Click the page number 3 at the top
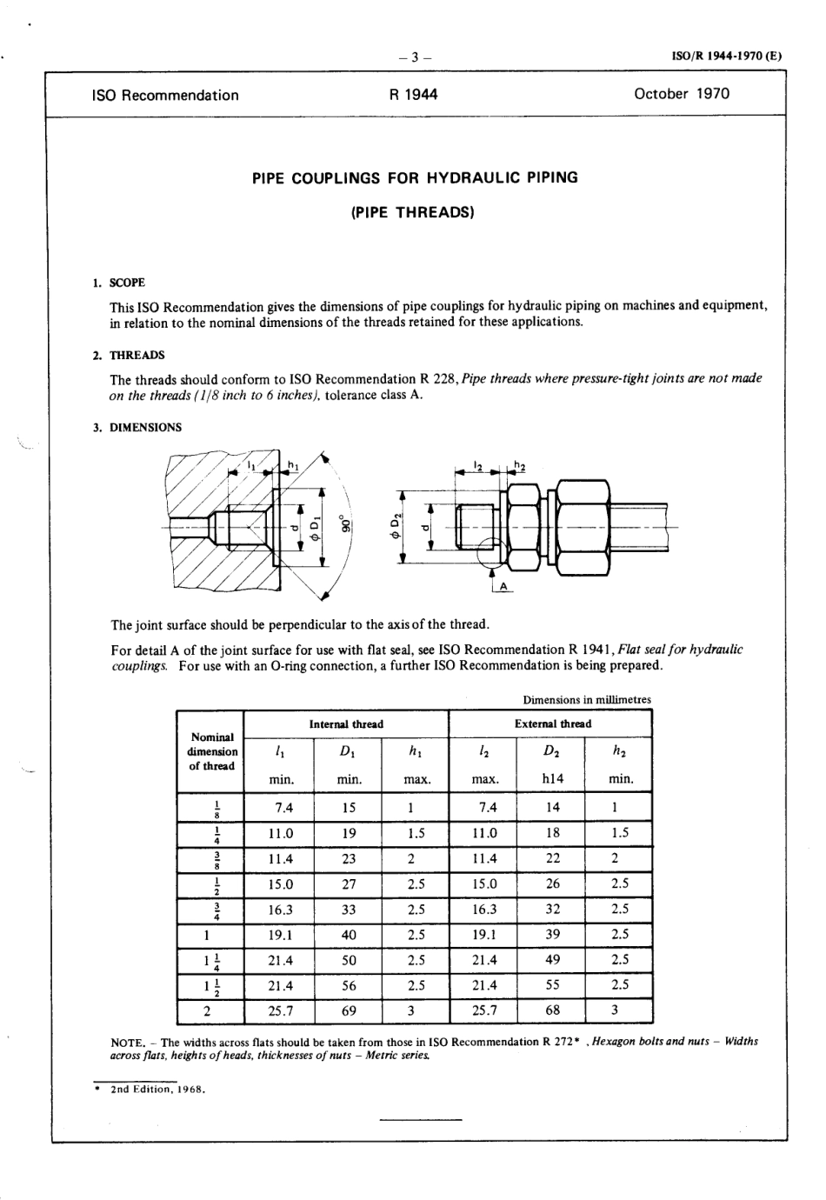click(x=415, y=58)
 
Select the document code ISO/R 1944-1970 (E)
click(x=727, y=57)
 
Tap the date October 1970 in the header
click(x=682, y=94)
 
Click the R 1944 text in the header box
click(x=414, y=95)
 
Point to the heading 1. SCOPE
click(x=120, y=283)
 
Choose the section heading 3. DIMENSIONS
click(x=138, y=428)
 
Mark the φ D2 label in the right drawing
click(x=396, y=527)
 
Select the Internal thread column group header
click(x=346, y=723)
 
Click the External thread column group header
click(x=552, y=723)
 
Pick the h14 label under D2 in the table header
click(x=552, y=779)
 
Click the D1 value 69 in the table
click(x=348, y=1010)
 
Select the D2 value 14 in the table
click(x=552, y=807)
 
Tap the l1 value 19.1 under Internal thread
click(x=282, y=935)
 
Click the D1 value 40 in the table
click(x=348, y=935)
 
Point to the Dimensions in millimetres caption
click(x=586, y=699)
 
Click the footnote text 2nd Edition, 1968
click(x=157, y=1090)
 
